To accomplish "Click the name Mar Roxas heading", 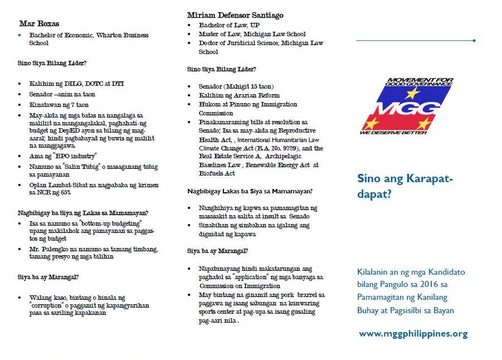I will (39, 24).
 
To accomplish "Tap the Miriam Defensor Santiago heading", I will (235, 16).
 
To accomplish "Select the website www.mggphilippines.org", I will (413, 334).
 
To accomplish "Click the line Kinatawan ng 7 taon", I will (59, 105).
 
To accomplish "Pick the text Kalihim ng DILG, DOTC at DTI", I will (77, 84).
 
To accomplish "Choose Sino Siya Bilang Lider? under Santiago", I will (222, 70).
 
